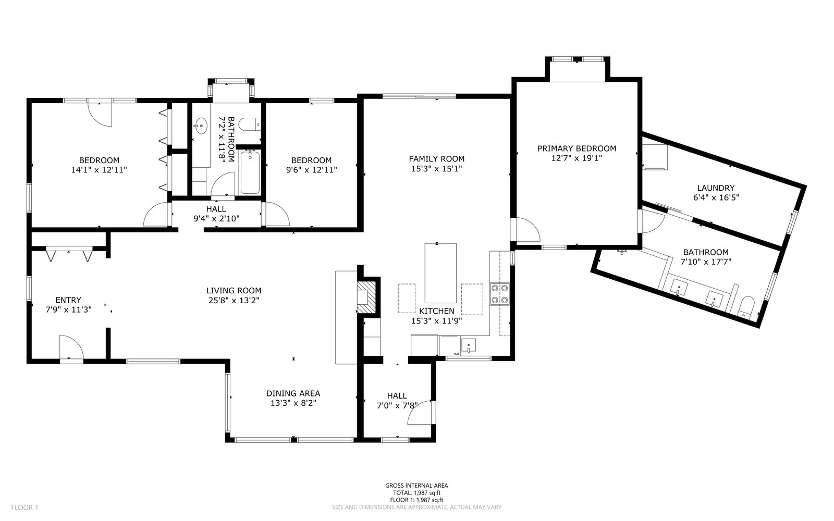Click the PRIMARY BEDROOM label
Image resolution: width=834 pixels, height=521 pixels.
click(x=577, y=148)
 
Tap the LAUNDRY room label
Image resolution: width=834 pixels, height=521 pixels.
click(x=716, y=188)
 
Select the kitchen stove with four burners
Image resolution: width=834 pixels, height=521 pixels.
click(x=500, y=294)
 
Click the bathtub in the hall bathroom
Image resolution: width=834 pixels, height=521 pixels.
click(x=250, y=172)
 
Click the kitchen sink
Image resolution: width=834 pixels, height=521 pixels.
click(x=469, y=345)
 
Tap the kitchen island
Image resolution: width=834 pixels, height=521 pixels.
click(x=440, y=273)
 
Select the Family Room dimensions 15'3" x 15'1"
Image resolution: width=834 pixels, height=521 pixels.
click(x=436, y=169)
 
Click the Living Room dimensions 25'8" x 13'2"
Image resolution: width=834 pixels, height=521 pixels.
click(x=234, y=300)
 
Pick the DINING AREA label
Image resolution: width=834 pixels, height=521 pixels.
click(x=293, y=393)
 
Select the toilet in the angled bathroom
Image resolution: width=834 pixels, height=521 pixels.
click(x=746, y=308)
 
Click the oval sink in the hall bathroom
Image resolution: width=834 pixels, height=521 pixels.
click(x=201, y=126)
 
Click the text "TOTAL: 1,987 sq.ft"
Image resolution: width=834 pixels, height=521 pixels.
click(x=416, y=493)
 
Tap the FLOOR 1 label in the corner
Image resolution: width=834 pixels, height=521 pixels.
click(x=24, y=507)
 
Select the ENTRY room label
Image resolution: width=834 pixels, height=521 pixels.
click(x=68, y=300)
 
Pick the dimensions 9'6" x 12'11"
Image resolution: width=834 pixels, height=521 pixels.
click(x=311, y=170)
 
